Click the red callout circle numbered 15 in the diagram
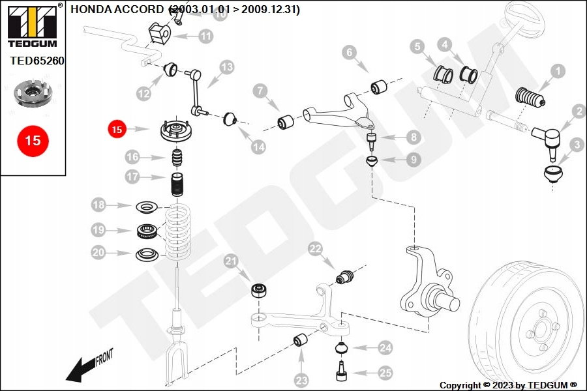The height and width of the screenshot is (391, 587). [x=117, y=130]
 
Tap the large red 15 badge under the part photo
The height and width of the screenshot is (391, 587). [x=33, y=140]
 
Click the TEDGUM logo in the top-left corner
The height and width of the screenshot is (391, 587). [x=32, y=25]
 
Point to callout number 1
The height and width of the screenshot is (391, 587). [x=558, y=71]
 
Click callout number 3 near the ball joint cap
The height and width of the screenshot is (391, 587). [x=576, y=144]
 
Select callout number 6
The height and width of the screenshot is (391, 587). [x=349, y=51]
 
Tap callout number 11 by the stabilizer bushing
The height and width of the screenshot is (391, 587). [x=205, y=36]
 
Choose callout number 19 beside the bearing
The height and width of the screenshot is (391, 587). [x=98, y=230]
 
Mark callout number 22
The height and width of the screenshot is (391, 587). [x=316, y=248]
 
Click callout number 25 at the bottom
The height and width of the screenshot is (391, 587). [x=385, y=373]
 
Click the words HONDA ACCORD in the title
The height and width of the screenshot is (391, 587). [x=117, y=9]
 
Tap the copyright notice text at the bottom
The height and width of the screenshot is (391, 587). [x=508, y=385]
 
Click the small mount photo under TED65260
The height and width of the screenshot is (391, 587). [x=33, y=94]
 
